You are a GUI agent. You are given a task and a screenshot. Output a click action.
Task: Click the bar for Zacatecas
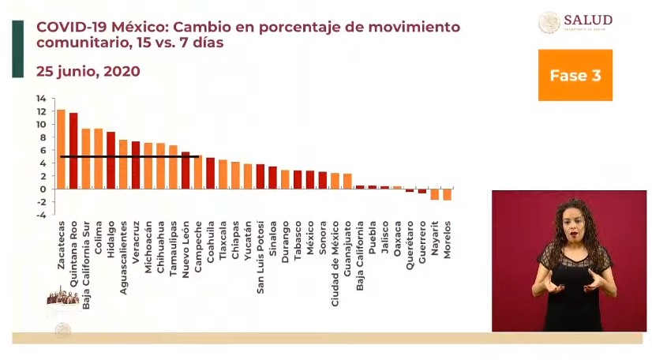[61, 148]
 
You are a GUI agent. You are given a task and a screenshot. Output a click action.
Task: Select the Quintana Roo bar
[73, 150]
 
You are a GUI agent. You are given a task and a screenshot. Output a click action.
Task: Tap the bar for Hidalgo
[111, 159]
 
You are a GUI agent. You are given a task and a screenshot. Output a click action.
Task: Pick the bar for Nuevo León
[185, 170]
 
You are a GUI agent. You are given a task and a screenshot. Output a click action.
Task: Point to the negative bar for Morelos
[448, 193]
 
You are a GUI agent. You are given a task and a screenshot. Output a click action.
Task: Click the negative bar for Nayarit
[434, 193]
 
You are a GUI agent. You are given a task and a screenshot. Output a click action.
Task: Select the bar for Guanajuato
[347, 181]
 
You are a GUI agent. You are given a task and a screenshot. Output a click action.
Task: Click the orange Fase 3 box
[575, 76]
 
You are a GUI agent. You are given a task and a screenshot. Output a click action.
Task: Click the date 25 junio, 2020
[88, 71]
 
